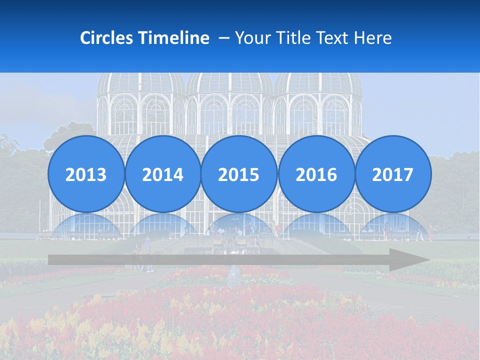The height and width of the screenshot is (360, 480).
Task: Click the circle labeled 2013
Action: point(86,174)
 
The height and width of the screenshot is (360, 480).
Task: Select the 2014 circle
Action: point(162,174)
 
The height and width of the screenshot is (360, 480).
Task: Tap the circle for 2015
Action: point(239,174)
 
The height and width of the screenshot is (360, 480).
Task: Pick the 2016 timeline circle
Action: point(316,174)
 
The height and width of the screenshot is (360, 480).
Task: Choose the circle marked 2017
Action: point(392,174)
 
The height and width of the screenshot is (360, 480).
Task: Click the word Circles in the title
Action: point(107,38)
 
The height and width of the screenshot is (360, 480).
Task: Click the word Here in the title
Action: point(373,38)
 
